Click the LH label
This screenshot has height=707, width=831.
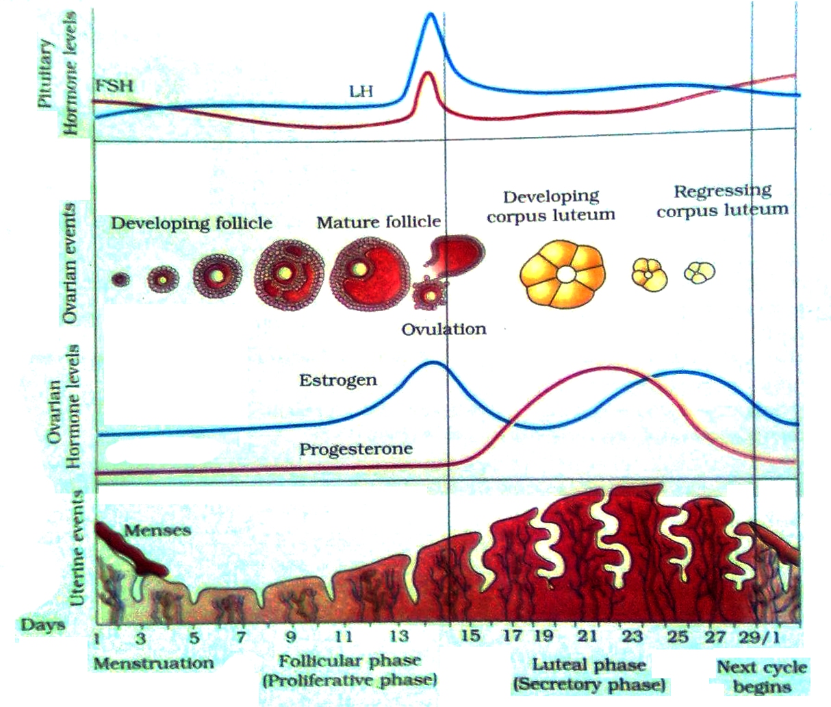point(361,90)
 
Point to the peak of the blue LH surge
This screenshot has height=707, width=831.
point(431,15)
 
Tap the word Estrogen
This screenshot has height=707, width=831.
point(337,380)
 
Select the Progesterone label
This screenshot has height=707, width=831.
point(356,449)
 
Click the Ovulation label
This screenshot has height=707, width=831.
point(444,329)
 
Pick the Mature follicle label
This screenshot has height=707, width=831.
point(379,222)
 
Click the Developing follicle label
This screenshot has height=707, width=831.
point(192,223)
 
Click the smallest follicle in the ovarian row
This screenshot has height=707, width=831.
point(120,279)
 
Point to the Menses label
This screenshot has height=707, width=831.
point(158,530)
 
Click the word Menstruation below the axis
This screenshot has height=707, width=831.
point(153,663)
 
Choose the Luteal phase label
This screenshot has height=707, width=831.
point(589,665)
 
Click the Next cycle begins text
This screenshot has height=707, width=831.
point(761,677)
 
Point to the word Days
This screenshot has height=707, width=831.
point(42,624)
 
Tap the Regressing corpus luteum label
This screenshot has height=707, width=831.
point(722,200)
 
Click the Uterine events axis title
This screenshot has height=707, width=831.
point(80,548)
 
